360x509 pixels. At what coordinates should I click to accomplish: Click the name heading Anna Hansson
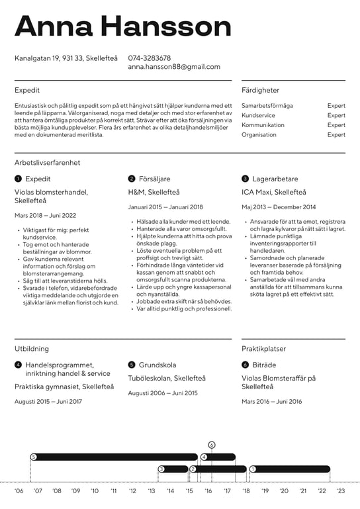click(x=123, y=26)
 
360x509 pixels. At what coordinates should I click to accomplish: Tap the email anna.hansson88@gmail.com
click(x=174, y=67)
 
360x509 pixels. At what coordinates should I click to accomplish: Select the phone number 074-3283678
click(x=150, y=58)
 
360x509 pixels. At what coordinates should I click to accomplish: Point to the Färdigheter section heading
click(x=260, y=90)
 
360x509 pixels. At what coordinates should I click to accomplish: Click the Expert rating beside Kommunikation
click(x=336, y=125)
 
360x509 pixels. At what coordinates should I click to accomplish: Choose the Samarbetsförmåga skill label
click(x=267, y=106)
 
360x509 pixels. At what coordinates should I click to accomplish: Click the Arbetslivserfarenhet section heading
click(x=48, y=162)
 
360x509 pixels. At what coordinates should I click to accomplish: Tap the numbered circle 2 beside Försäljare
click(x=132, y=179)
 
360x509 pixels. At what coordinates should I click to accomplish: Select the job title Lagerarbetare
click(x=275, y=179)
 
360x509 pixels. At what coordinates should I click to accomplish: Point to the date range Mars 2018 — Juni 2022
click(x=45, y=215)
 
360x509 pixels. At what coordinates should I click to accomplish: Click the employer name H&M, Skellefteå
click(x=154, y=192)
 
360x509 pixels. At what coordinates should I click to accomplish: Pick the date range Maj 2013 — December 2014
click(x=279, y=207)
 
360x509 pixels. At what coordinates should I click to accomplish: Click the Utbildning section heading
click(x=32, y=347)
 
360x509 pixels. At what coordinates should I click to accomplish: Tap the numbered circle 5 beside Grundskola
click(x=132, y=365)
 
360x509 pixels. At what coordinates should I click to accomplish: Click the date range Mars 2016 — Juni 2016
click(x=271, y=401)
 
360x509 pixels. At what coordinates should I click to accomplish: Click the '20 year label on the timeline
click(x=284, y=491)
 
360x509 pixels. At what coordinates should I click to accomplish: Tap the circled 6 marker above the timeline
click(x=212, y=445)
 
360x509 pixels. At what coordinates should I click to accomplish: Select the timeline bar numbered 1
click(x=290, y=469)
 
